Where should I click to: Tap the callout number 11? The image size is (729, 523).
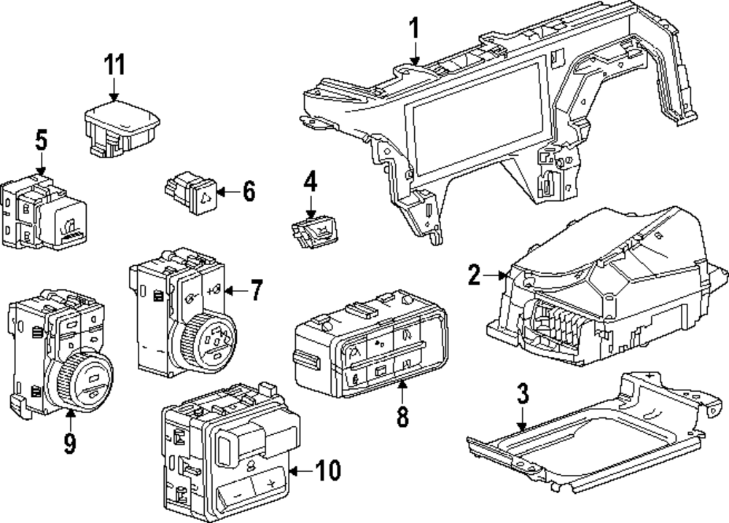(x=114, y=64)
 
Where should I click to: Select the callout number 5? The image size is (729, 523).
(x=42, y=141)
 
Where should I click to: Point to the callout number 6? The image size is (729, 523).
(x=249, y=192)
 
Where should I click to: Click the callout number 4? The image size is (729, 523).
(x=311, y=181)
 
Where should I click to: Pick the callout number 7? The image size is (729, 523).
(x=256, y=291)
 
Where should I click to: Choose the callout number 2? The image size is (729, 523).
(x=475, y=275)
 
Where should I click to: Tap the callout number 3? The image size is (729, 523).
(x=523, y=393)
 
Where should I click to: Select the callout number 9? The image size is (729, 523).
(x=69, y=443)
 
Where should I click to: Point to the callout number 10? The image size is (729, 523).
(x=328, y=471)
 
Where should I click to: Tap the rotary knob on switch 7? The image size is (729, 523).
(x=208, y=338)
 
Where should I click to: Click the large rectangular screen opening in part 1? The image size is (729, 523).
(x=475, y=121)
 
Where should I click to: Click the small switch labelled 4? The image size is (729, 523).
(x=314, y=232)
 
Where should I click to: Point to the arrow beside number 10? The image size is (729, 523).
(x=301, y=471)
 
